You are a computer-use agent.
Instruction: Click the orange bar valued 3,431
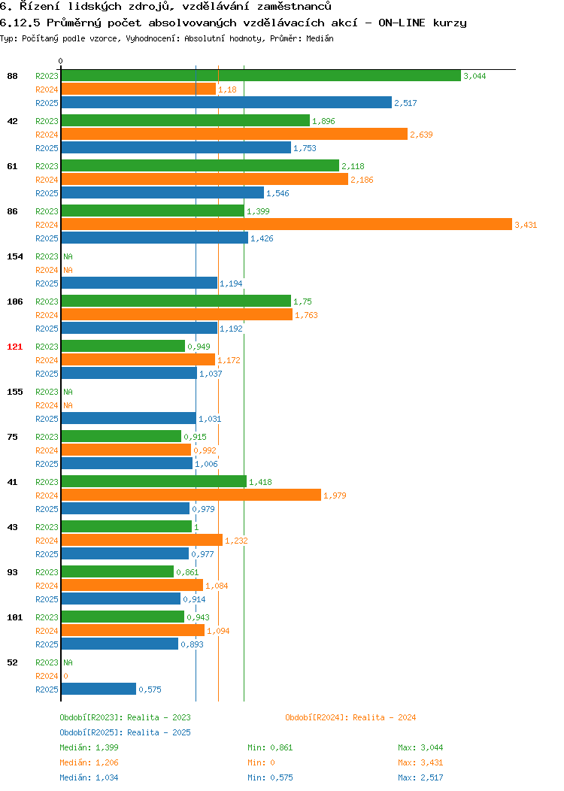click(287, 225)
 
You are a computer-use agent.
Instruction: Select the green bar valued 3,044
click(261, 76)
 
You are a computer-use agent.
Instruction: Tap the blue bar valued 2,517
click(226, 102)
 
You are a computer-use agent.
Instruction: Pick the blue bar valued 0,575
click(99, 689)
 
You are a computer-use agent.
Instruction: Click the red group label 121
click(14, 347)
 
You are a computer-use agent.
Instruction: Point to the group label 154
click(14, 256)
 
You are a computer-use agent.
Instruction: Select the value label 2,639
click(421, 135)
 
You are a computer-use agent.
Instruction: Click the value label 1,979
click(335, 496)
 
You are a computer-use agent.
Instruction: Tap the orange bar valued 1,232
click(142, 541)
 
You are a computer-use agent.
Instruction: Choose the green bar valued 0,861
click(117, 571)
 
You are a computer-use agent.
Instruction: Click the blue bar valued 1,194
click(139, 283)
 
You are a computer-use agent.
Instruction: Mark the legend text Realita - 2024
click(384, 717)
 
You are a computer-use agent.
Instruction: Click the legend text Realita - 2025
click(159, 732)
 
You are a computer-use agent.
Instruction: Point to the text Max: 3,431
click(420, 762)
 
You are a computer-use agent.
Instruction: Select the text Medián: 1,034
click(89, 778)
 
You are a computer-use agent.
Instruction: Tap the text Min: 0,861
click(270, 747)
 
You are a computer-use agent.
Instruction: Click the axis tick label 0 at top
click(61, 61)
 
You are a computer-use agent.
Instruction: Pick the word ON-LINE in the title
click(402, 23)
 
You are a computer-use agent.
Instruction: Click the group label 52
click(13, 662)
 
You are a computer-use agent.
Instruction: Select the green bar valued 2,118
click(200, 165)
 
